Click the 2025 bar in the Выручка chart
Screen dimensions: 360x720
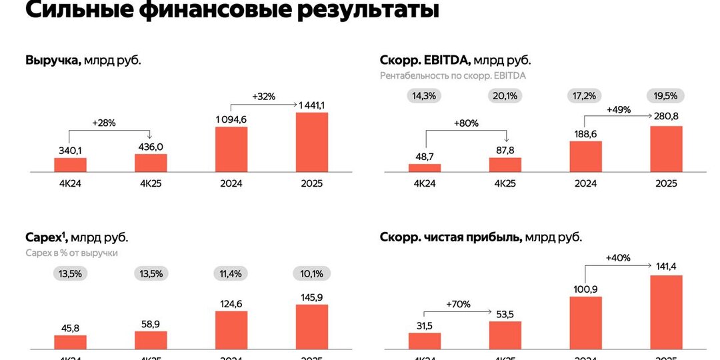point(311,143)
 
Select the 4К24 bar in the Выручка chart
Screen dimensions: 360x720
point(70,165)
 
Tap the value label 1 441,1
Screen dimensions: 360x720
point(311,105)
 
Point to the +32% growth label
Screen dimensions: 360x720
point(263,96)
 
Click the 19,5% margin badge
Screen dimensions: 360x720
point(665,95)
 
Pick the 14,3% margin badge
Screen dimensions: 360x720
point(424,95)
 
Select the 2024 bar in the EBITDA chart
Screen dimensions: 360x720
point(585,157)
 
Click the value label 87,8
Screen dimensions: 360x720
point(505,150)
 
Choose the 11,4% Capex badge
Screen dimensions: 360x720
point(231,273)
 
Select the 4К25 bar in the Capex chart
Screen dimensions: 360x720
point(151,339)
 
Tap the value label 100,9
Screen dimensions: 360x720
point(585,288)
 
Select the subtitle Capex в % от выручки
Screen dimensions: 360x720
point(71,253)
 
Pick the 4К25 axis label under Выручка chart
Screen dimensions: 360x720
point(151,183)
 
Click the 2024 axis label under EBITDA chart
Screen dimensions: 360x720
point(585,183)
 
